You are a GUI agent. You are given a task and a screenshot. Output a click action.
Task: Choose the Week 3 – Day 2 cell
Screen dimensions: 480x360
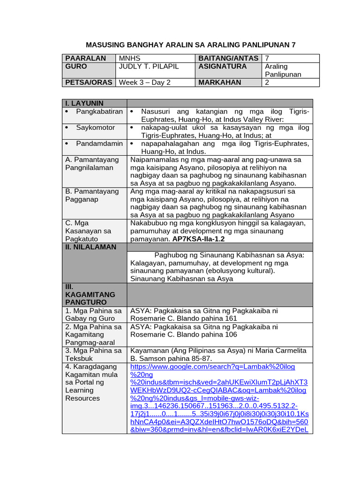[x=144, y=82]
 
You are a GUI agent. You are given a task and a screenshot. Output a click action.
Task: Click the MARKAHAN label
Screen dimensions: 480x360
[x=220, y=82]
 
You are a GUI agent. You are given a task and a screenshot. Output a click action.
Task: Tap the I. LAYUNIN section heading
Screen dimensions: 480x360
[x=84, y=103]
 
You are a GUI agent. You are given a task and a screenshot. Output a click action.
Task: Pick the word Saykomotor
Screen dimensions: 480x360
[x=96, y=127]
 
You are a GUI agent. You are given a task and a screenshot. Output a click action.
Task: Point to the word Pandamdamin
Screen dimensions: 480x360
[x=99, y=143]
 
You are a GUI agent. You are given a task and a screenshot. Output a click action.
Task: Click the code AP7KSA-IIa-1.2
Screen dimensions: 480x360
[x=199, y=239]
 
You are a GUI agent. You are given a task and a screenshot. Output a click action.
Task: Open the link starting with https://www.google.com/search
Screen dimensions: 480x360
[x=213, y=367]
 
